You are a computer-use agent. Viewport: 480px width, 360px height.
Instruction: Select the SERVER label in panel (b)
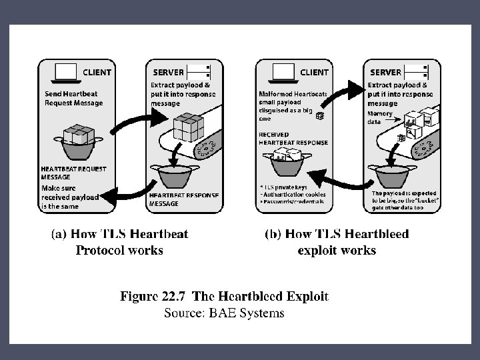tap(385, 72)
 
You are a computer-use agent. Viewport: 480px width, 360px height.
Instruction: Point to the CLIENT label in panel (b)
tap(314, 72)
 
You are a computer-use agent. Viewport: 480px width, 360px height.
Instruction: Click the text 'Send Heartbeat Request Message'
tap(74, 99)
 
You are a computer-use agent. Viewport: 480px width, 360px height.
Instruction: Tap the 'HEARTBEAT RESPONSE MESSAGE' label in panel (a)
tap(175, 199)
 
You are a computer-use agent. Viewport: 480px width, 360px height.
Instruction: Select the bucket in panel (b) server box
tap(393, 176)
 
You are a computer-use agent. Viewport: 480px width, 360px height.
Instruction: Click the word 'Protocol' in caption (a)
tap(101, 251)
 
